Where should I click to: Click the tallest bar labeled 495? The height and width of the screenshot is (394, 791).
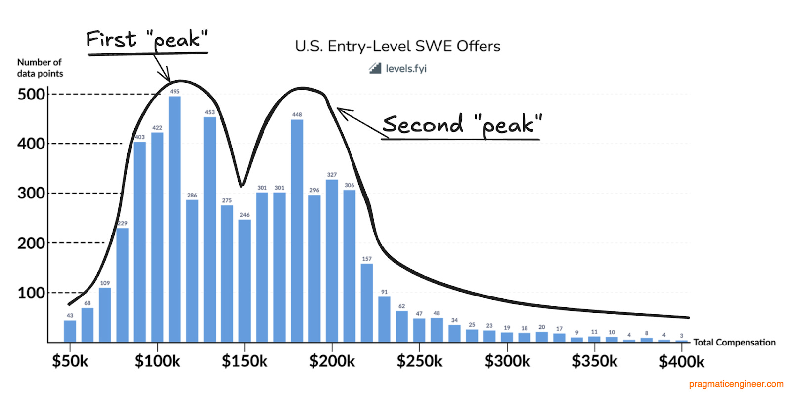[175, 218]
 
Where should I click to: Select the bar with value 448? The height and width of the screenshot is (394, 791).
[297, 230]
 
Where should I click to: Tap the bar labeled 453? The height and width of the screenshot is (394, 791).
[210, 229]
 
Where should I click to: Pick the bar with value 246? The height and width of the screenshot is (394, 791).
[244, 280]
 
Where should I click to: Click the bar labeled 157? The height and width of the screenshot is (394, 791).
[366, 302]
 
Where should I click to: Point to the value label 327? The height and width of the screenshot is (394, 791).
[332, 175]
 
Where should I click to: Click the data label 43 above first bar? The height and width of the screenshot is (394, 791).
[70, 315]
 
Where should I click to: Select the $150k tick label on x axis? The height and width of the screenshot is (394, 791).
[244, 361]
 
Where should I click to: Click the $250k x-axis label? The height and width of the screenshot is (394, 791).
[419, 361]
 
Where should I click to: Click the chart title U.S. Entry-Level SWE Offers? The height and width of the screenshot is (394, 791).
[397, 46]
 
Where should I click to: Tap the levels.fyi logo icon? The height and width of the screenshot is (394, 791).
[375, 68]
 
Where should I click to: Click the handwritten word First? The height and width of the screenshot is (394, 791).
[111, 39]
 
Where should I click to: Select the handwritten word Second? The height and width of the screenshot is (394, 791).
[423, 124]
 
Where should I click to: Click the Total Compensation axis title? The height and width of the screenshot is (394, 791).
[734, 342]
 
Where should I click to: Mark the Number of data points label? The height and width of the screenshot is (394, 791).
[40, 68]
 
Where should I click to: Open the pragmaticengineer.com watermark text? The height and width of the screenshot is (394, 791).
[736, 384]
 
